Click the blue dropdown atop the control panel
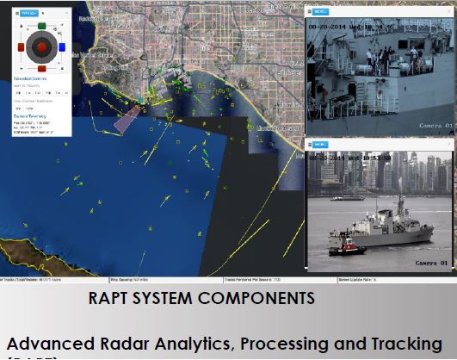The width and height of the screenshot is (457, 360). pyautogui.click(x=28, y=14)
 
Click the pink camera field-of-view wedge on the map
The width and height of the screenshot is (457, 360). pyautogui.click(x=127, y=114)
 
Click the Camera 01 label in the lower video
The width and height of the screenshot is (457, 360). pyautogui.click(x=432, y=262)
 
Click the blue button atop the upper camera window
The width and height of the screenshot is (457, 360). pyautogui.click(x=320, y=13)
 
